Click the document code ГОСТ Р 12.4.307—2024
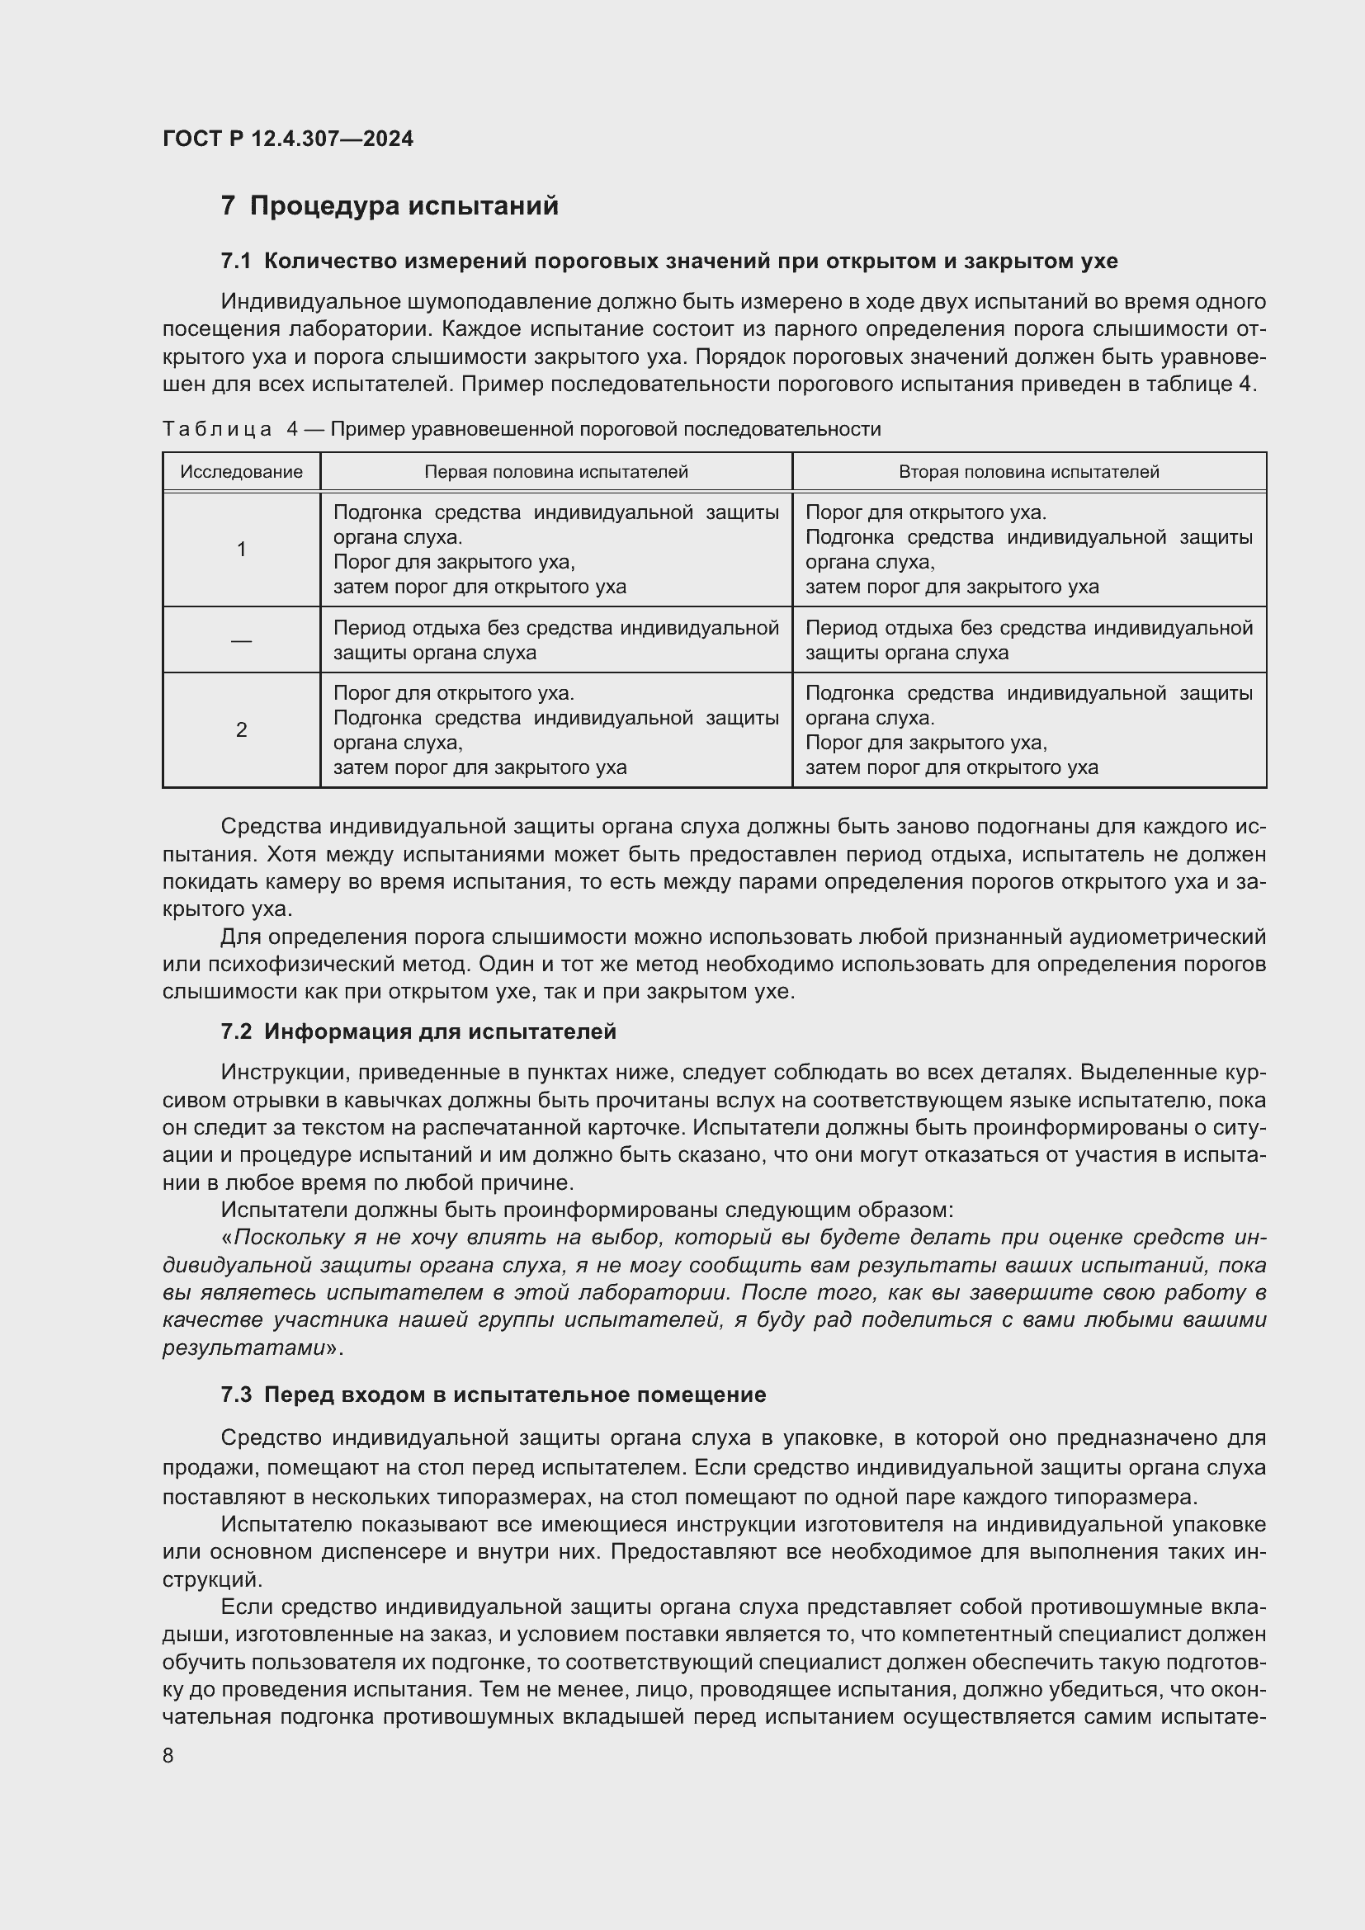tap(287, 139)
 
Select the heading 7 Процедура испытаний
tap(390, 206)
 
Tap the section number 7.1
tap(236, 262)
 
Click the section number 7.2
tap(236, 1031)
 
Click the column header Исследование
tap(241, 472)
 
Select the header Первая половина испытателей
tap(555, 472)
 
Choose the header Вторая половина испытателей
tap(1029, 472)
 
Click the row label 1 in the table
tap(241, 549)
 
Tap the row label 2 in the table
tap(241, 729)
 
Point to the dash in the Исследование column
tap(241, 640)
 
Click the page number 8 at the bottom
tap(168, 1756)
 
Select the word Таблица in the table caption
tap(217, 430)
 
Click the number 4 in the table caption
tap(292, 430)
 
